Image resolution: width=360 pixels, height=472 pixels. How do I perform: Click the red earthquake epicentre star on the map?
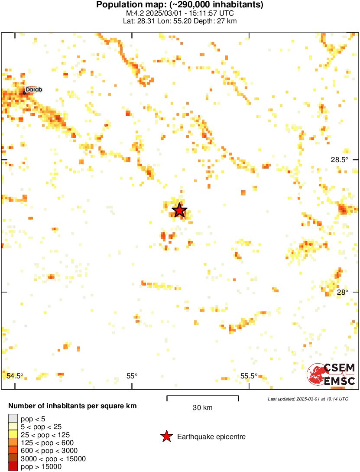coord(179,210)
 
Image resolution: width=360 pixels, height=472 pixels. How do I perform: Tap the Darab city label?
coord(34,90)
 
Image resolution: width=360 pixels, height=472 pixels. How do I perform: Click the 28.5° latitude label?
coord(339,160)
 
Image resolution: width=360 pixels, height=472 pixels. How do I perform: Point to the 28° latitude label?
coord(342,292)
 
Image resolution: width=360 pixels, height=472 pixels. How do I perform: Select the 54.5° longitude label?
coord(15,376)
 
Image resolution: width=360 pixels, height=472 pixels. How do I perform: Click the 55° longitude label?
coord(132,376)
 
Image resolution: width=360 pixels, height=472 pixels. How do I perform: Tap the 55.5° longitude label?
coord(249,376)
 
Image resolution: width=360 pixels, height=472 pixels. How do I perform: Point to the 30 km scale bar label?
coord(202,408)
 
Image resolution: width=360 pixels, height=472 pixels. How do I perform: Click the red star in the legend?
coord(166,436)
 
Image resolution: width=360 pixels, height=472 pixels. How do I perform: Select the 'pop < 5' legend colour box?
coord(13,418)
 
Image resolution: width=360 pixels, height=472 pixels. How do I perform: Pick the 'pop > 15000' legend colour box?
coord(13,466)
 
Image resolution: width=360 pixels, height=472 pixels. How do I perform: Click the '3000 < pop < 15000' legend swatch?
coord(13,459)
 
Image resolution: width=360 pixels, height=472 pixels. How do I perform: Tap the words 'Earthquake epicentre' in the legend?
coord(211,436)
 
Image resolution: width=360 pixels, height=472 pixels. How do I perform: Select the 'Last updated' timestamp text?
coord(308,399)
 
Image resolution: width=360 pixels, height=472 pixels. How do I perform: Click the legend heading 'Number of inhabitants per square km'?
coord(73,406)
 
